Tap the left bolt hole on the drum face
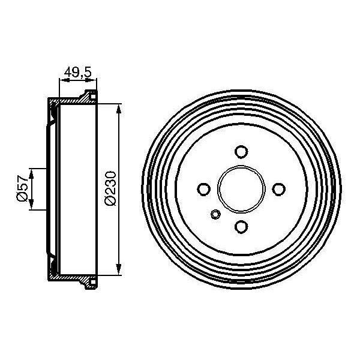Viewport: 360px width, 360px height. (202, 189)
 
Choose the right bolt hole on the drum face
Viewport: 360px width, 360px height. (278, 189)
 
